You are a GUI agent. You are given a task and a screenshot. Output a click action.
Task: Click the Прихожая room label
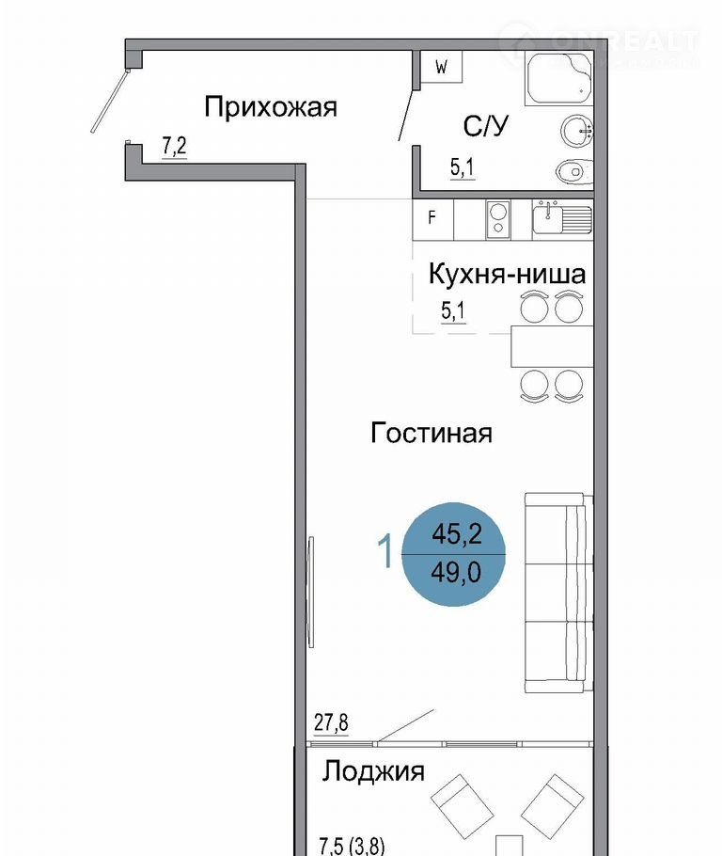point(271,107)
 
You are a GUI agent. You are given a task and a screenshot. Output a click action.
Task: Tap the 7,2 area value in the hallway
point(175,147)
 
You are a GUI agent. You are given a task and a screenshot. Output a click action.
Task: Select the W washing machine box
point(442,67)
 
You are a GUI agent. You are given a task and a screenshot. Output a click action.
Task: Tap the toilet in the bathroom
point(574,172)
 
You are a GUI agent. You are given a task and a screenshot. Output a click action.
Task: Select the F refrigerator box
point(433,219)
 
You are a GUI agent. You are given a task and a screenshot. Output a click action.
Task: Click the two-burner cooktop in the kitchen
point(497,220)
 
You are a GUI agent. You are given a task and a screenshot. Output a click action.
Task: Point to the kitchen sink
point(561,218)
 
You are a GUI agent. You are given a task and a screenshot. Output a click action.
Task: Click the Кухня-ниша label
point(507,274)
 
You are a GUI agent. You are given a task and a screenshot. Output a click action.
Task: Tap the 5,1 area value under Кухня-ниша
point(453,311)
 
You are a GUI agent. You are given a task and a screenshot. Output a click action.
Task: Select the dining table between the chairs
point(552,347)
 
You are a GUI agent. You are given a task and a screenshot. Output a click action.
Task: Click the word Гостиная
point(432,434)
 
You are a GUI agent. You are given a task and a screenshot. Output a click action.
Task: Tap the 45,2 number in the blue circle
point(457,533)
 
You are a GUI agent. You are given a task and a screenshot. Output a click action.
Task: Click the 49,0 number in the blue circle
point(456,573)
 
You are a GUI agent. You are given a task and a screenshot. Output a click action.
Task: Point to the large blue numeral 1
point(385,551)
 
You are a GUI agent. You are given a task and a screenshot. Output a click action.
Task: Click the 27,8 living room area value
point(331,722)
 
